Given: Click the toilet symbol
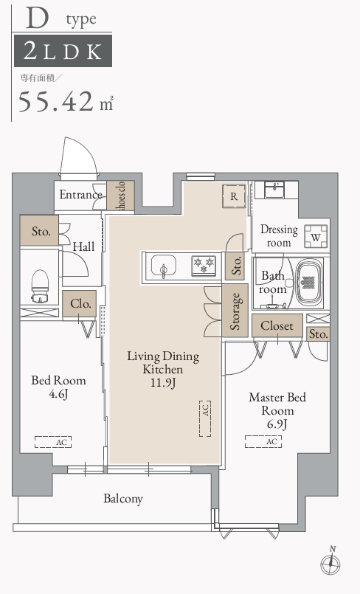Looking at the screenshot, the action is click(40, 286).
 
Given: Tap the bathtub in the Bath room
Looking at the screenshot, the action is click(308, 282).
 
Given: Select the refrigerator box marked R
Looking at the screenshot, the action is click(234, 196).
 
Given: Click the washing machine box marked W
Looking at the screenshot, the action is click(316, 236).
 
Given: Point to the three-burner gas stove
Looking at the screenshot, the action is click(204, 265).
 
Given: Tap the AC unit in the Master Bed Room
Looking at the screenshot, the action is click(263, 442).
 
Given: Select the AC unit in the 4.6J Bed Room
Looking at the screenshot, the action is click(53, 442).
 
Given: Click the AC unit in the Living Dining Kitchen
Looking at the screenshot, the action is click(205, 418).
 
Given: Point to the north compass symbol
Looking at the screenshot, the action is click(330, 563).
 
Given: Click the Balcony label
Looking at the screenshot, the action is click(123, 499).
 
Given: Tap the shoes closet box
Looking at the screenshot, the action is click(121, 195).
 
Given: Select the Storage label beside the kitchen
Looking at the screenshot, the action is click(235, 311).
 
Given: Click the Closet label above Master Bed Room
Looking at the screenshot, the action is click(277, 326).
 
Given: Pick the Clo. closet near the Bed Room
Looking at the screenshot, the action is click(80, 304).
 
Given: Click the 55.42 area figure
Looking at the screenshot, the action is click(56, 101).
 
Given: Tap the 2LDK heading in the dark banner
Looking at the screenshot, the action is click(63, 51).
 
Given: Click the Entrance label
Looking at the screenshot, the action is click(80, 195).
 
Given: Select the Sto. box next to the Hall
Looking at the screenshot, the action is click(39, 230).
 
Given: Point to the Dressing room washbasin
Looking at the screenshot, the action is click(277, 190).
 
